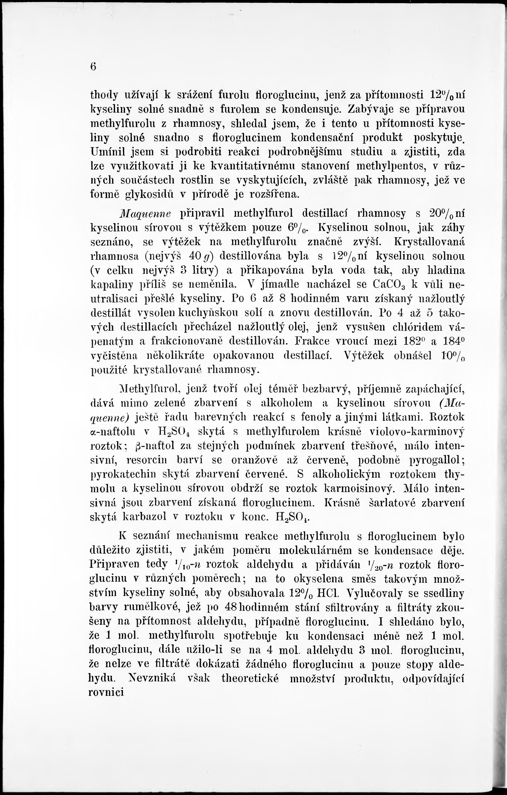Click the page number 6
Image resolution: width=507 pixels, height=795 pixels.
point(93,67)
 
